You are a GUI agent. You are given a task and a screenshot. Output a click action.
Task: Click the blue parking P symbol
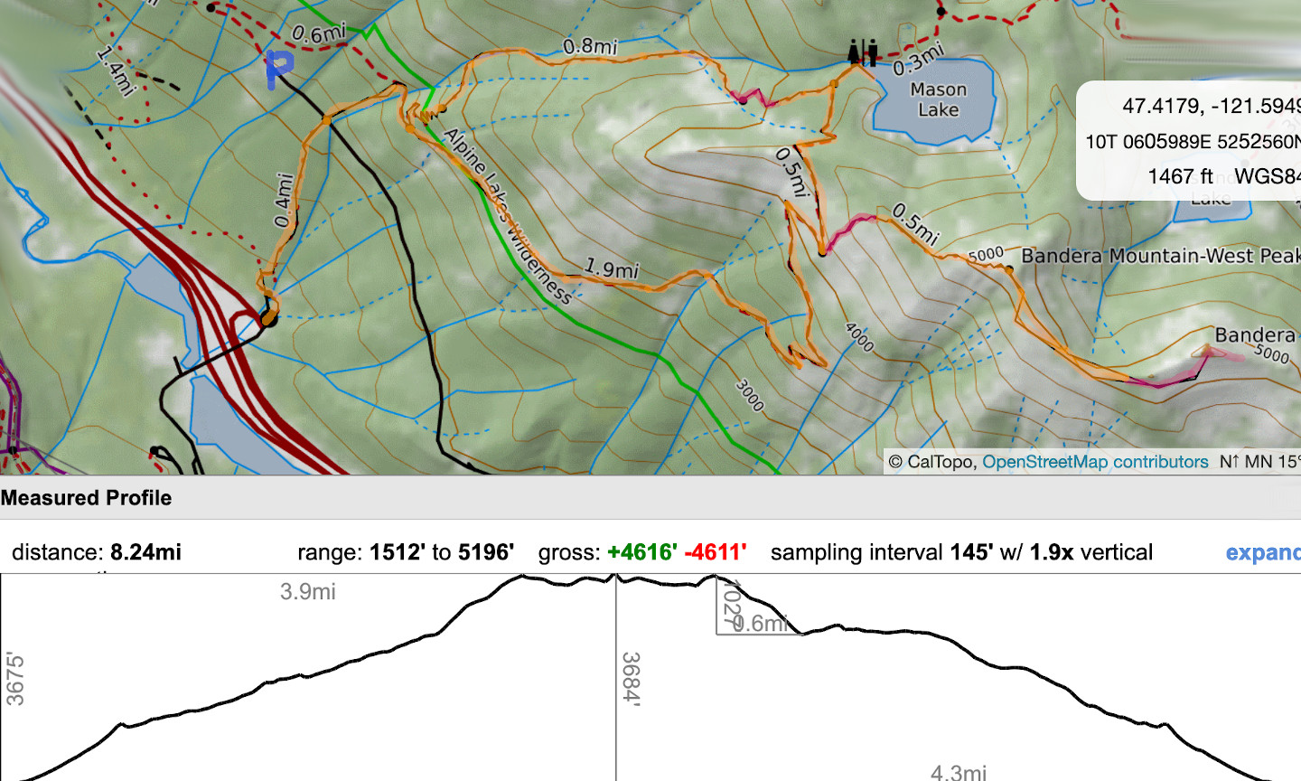click(x=279, y=69)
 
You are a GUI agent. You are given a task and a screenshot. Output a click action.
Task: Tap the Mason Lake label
click(x=938, y=99)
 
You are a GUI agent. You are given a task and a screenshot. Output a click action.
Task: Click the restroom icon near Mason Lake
click(x=863, y=52)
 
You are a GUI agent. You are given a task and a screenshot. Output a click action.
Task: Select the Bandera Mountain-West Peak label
click(x=1160, y=256)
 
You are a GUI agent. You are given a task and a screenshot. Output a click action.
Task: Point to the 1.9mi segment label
click(x=612, y=268)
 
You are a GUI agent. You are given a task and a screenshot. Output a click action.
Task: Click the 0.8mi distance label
click(x=590, y=46)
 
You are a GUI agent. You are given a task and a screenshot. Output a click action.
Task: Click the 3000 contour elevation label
click(x=749, y=395)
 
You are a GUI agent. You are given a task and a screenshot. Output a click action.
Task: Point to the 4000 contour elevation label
click(x=859, y=337)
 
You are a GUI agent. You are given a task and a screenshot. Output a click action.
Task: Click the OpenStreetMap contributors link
click(x=1094, y=462)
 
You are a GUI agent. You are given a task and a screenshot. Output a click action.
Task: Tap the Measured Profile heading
click(x=86, y=498)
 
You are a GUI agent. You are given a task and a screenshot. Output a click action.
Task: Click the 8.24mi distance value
click(x=145, y=552)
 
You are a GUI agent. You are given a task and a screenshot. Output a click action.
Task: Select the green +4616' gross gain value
click(x=641, y=552)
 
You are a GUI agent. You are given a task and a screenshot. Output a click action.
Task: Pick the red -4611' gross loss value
click(x=716, y=552)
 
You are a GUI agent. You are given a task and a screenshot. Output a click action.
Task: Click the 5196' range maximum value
click(x=485, y=552)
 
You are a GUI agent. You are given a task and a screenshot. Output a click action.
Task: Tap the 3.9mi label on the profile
click(x=307, y=592)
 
